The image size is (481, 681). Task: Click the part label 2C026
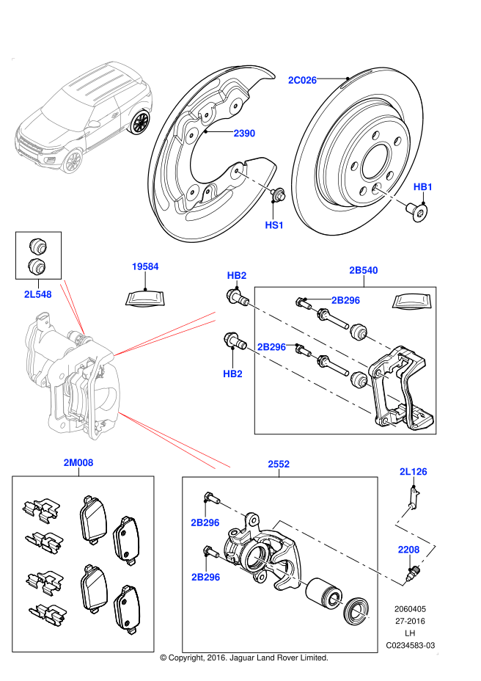[302, 80]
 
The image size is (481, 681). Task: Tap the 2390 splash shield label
[244, 134]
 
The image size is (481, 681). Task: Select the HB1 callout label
[423, 187]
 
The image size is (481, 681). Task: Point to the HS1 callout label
[274, 225]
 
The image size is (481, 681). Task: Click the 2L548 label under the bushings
[37, 294]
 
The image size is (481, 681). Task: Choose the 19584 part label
[145, 266]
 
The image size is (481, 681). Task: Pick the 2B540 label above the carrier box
[364, 271]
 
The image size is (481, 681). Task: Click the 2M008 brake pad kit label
[78, 463]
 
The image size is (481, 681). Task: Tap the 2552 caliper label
[278, 464]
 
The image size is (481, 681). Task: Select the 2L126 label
[413, 471]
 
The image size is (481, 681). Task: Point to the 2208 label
[408, 549]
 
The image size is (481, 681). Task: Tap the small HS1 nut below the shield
[278, 196]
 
